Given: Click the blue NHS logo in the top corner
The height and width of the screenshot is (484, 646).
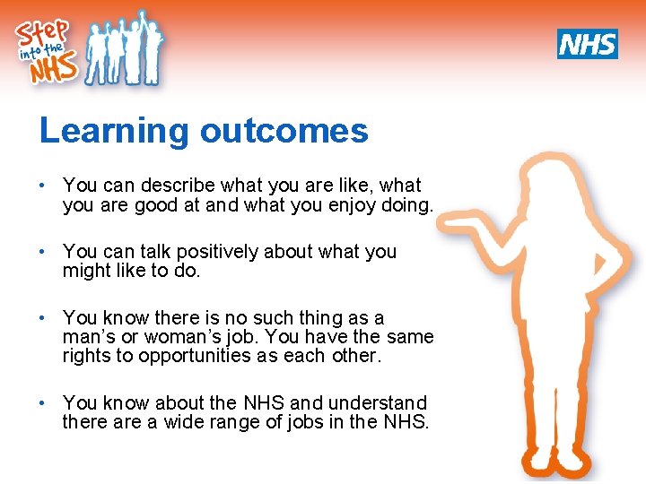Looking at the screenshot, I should pyautogui.click(x=587, y=43).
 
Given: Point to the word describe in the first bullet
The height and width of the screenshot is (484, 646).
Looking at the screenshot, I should pyautogui.click(x=178, y=186).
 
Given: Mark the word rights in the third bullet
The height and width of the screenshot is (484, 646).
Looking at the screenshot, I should pyautogui.click(x=85, y=356).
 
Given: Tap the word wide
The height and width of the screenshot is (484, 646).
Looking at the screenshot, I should pyautogui.click(x=184, y=422).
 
